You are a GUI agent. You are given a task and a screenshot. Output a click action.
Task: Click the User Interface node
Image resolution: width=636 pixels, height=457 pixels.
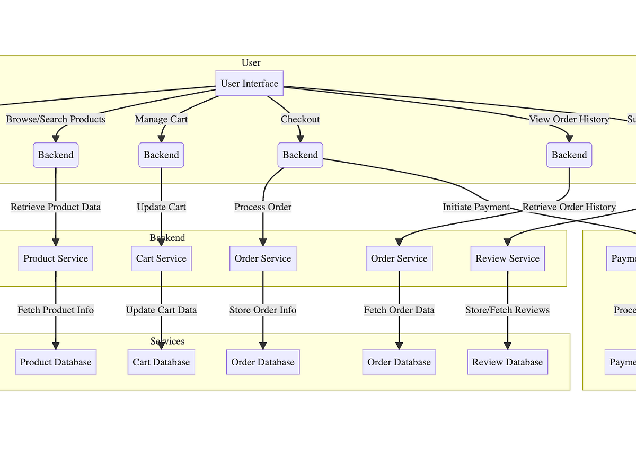(250, 84)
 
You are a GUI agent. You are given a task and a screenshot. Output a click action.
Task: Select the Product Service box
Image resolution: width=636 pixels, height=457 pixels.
(56, 258)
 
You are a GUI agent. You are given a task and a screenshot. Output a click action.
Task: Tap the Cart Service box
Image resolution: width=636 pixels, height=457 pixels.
(161, 258)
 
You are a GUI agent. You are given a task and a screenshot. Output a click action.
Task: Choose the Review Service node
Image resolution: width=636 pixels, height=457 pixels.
(507, 258)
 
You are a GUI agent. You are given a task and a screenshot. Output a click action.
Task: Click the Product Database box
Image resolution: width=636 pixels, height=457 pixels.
(56, 362)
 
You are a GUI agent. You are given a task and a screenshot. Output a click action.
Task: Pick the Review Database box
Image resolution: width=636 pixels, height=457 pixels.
(507, 362)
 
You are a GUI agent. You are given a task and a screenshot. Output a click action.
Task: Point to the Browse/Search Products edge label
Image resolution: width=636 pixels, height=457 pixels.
(56, 119)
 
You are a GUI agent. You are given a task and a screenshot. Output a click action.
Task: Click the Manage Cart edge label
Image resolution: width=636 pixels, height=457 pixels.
(161, 119)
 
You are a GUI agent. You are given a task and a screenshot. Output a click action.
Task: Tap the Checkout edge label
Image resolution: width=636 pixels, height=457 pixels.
(300, 119)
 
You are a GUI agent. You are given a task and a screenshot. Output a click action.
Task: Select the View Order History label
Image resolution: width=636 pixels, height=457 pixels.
(569, 119)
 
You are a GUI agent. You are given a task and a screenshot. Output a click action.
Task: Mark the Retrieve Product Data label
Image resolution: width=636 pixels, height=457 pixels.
(56, 207)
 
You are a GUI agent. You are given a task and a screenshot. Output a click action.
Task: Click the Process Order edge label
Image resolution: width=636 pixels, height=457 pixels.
(263, 207)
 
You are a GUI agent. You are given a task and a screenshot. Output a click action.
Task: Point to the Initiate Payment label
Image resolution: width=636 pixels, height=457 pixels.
(476, 207)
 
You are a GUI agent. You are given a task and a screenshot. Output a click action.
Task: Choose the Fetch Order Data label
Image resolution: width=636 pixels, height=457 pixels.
(399, 310)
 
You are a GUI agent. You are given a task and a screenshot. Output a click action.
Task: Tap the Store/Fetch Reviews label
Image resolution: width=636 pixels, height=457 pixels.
(507, 310)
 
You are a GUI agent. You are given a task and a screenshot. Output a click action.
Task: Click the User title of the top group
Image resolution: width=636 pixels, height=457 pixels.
(251, 63)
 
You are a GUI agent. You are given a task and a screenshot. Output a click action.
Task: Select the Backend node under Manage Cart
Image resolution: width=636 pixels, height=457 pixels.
(161, 155)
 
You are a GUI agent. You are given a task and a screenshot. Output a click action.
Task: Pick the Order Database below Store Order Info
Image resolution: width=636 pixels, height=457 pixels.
(263, 362)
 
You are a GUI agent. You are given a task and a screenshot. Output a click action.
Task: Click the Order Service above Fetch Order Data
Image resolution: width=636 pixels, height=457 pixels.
(399, 258)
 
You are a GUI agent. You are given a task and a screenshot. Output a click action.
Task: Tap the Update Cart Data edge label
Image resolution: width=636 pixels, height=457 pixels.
(161, 310)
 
